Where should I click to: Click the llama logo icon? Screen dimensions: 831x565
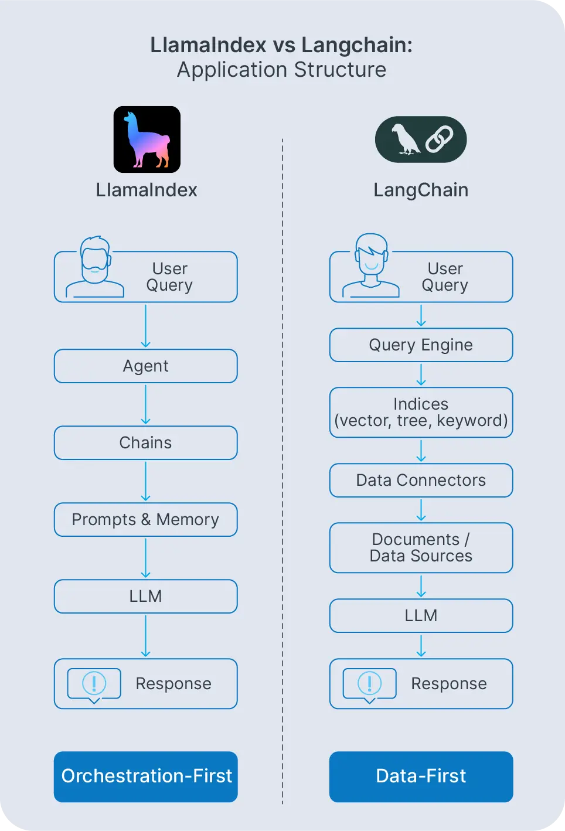[147, 139]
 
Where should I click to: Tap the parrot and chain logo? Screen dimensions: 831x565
[421, 139]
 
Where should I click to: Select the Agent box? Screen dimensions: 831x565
[146, 366]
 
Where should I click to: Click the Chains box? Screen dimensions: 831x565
[146, 443]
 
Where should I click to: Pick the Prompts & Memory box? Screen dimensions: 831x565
[146, 520]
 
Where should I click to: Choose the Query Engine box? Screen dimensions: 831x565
[421, 345]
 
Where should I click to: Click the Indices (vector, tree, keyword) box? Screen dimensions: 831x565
[421, 413]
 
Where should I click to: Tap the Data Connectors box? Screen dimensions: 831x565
[421, 481]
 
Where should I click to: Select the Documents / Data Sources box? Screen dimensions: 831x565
[421, 548]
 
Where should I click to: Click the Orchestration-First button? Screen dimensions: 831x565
[146, 776]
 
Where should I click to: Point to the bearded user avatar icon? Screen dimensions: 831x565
[95, 267]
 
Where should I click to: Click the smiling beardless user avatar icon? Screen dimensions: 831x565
[371, 266]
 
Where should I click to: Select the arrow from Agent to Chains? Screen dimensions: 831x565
[146, 404]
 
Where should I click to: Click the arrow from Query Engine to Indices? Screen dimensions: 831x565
[421, 374]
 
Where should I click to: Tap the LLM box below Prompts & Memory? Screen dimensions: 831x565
[146, 597]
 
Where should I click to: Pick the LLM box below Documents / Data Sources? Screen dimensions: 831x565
[421, 616]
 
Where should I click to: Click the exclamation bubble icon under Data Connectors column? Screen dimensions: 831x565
[370, 684]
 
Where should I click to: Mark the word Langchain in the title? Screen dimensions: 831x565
[357, 45]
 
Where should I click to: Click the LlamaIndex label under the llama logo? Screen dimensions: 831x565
[147, 190]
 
